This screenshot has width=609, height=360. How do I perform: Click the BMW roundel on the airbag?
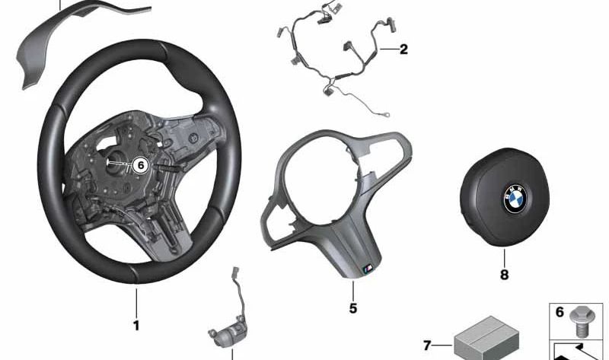tap(515, 201)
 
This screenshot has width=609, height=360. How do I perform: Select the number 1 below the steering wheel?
tap(136, 326)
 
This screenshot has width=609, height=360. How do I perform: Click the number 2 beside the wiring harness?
tap(403, 50)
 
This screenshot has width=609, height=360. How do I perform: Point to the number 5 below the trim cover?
tap(353, 308)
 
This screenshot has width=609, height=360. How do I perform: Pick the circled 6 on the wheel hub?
tap(139, 164)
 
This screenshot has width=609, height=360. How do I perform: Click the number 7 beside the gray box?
tap(427, 345)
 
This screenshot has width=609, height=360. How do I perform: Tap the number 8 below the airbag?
tap(503, 274)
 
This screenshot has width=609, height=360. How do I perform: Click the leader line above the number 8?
tap(503, 255)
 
